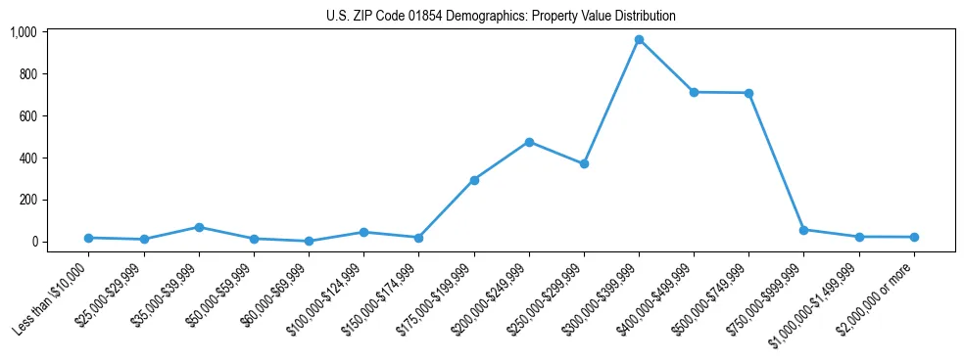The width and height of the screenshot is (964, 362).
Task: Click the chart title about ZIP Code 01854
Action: point(501,17)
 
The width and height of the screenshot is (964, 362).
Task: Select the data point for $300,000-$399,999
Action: point(639,40)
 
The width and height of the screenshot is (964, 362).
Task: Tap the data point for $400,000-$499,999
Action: point(694,92)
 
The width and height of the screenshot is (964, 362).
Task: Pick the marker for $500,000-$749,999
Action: point(748,93)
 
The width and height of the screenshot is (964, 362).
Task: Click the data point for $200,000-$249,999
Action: point(529,142)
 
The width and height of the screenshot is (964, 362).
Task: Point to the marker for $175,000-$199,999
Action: point(474,180)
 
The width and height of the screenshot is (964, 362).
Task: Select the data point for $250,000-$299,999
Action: point(584,163)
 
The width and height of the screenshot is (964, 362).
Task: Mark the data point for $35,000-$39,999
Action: point(199,227)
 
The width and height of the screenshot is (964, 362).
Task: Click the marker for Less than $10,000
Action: point(89,238)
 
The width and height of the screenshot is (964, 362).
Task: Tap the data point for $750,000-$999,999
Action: point(803,230)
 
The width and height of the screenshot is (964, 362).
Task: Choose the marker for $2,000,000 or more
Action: point(914,237)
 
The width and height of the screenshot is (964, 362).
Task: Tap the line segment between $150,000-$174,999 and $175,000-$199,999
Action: point(447,208)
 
